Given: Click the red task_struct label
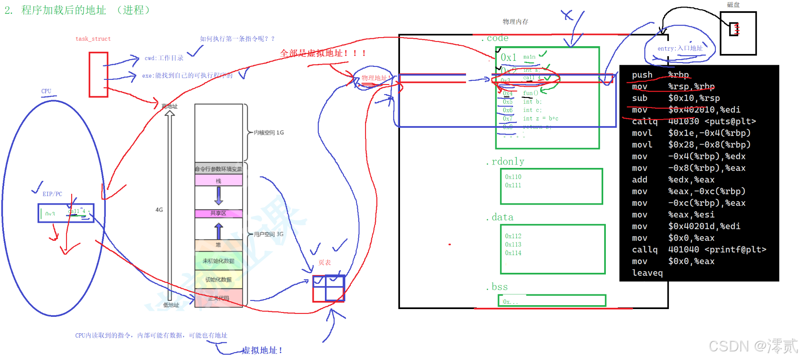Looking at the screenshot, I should pos(93,39).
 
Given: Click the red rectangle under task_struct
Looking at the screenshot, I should pos(98,75).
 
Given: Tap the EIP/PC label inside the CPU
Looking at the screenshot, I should pos(52,194).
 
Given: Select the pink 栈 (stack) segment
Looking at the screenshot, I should pos(218,180).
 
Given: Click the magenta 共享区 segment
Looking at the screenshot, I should pos(218,213).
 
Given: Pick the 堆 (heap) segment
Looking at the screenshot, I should pos(218,245).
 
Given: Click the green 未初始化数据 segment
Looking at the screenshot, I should pos(218,261).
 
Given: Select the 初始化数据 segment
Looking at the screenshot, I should pos(218,280).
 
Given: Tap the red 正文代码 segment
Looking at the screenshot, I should pos(218,298).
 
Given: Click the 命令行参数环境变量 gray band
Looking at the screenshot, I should pos(218,169).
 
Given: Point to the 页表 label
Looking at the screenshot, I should pos(324,262).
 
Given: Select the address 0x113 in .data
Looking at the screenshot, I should pos(513,244).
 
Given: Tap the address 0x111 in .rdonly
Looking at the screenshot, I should pos(513,185).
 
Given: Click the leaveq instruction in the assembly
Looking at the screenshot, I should pos(647,273).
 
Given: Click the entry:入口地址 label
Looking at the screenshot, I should pos(680,48).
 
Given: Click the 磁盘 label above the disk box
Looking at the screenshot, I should pos(733,5).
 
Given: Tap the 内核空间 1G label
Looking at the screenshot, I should pos(268,133).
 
